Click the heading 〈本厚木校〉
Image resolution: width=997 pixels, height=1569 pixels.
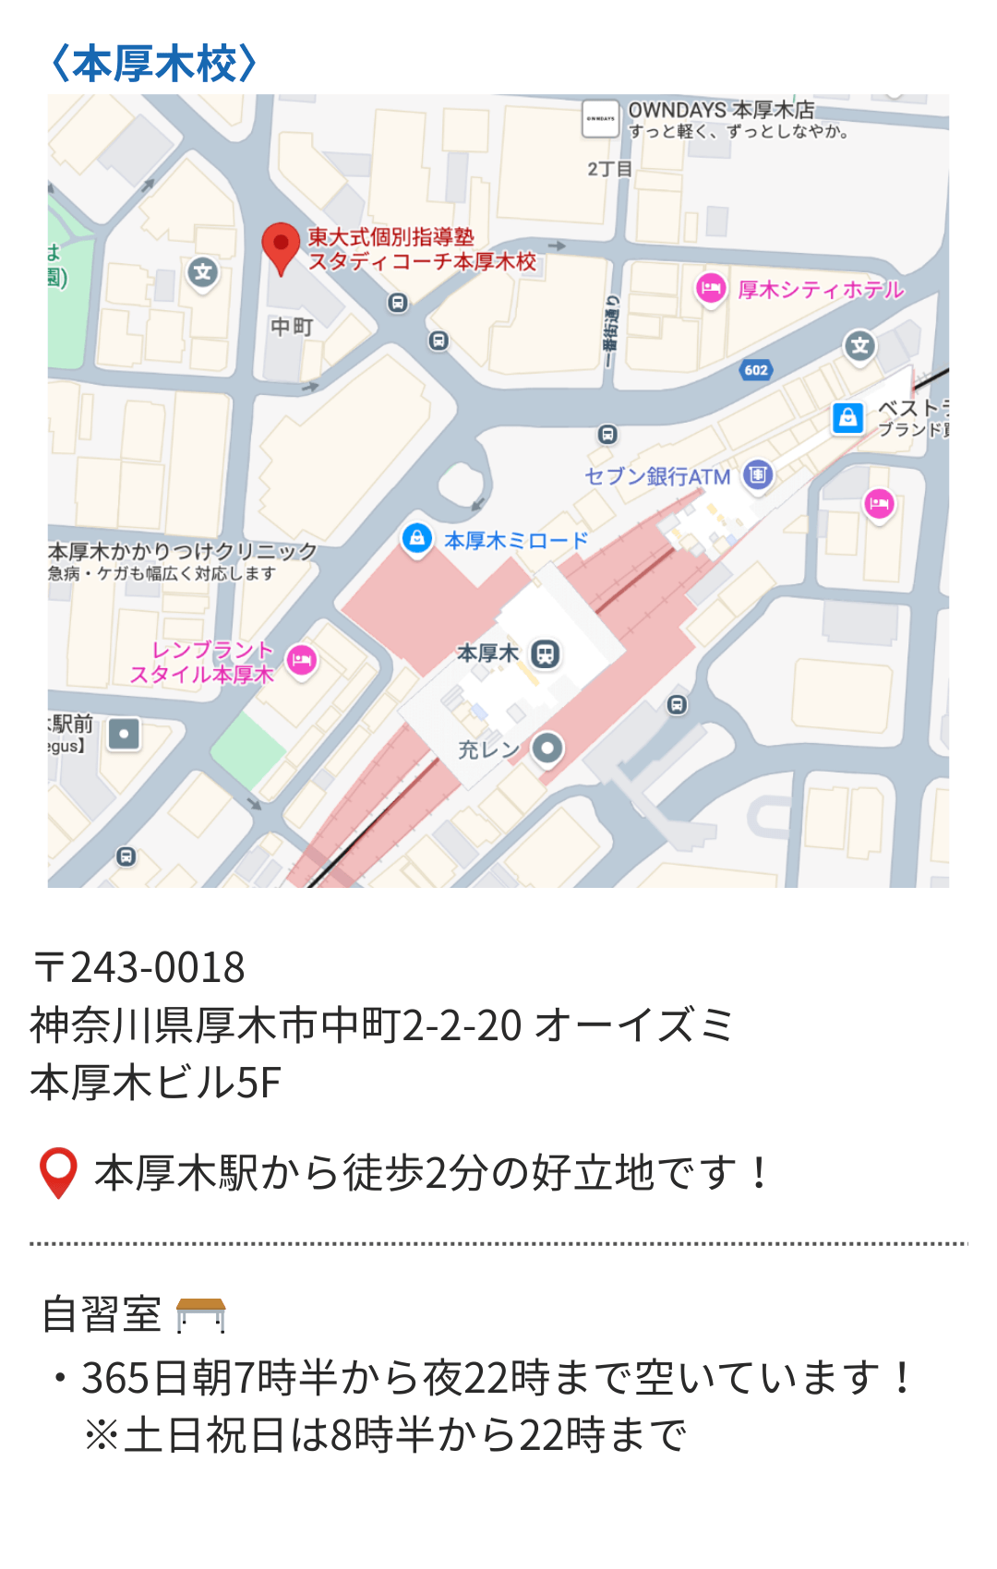154,65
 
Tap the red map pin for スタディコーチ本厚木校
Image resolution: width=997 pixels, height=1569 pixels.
281,246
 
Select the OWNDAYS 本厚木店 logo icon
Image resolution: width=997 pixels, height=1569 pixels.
600,119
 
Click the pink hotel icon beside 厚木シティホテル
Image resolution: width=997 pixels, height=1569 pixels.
710,289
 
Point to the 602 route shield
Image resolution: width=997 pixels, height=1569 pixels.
756,370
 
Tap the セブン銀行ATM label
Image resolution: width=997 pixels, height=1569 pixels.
657,476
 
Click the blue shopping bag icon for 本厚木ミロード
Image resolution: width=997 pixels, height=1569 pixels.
417,538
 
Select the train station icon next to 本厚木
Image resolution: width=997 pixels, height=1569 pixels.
546,654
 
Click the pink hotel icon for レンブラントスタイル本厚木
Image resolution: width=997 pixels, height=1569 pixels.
302,660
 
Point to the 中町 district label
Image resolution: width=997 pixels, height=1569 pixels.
292,327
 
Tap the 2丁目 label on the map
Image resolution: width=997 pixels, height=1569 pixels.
609,169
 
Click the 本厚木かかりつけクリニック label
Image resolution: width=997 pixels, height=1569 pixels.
183,552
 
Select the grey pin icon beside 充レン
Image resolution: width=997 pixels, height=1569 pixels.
547,748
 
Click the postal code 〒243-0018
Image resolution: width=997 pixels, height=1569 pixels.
139,967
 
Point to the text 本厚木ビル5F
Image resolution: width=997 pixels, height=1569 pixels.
155,1083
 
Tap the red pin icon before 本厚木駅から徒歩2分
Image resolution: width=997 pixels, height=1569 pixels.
58,1172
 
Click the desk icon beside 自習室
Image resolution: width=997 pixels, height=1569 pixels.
200,1315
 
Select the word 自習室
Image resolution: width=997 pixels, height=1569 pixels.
102,1314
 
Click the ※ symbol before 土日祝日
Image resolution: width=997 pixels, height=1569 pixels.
101,1435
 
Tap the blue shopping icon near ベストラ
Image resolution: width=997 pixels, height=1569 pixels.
847,418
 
